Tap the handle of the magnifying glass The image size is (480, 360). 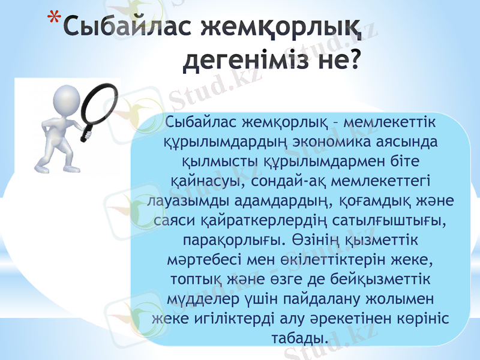[86, 134]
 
